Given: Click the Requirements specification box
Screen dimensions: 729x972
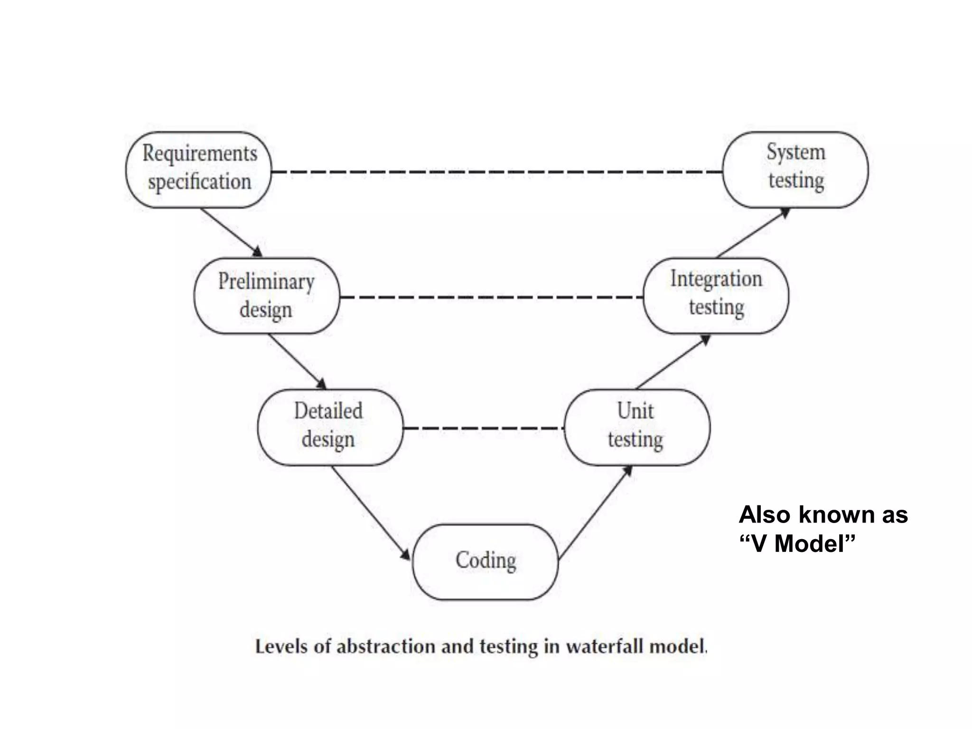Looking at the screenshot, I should click(199, 169).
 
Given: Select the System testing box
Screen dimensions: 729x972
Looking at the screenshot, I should click(795, 169).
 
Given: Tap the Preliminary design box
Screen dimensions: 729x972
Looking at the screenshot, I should click(267, 296).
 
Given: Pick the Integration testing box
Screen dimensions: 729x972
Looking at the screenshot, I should click(716, 296).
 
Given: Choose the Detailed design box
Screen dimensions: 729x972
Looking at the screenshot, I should click(330, 427).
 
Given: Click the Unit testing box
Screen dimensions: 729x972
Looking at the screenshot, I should click(637, 427).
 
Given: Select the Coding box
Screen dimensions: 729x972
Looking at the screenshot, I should click(485, 562).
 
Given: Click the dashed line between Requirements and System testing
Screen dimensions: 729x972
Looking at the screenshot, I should click(496, 171).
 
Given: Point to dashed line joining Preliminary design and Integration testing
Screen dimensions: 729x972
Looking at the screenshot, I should click(491, 297).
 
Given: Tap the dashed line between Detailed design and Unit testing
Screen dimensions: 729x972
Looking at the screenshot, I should click(483, 428).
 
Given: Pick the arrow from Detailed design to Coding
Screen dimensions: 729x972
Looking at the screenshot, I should click(370, 513).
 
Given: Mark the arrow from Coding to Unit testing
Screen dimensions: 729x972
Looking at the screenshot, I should click(595, 513).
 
